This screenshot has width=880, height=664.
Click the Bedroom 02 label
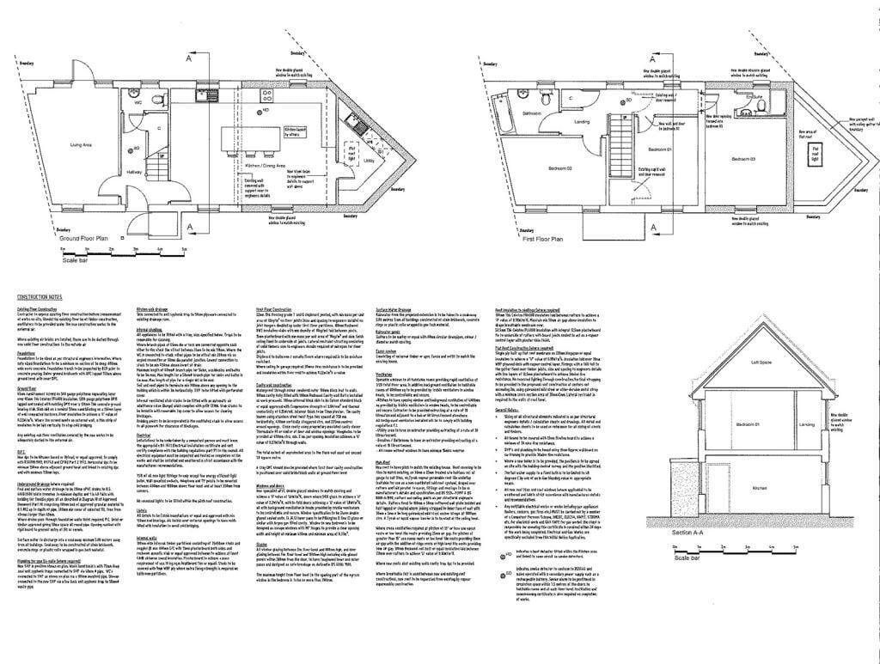[x=560, y=168]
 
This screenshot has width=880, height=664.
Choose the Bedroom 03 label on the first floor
[x=742, y=160]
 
